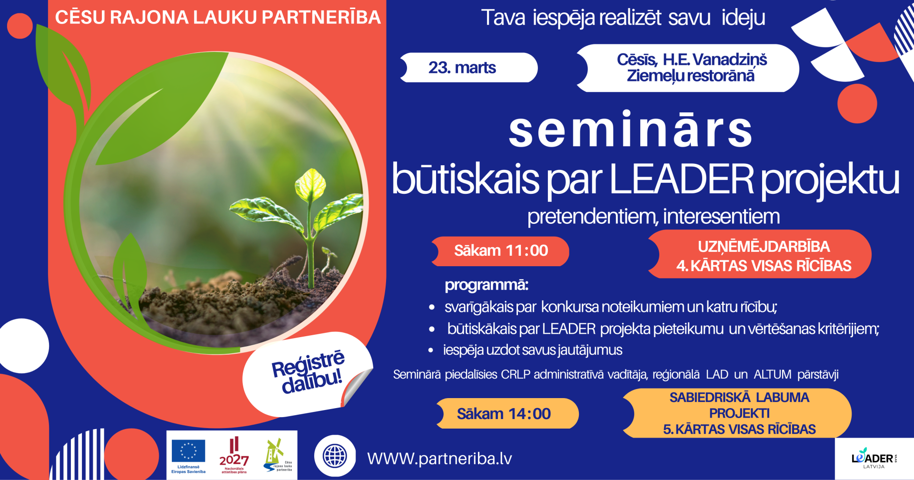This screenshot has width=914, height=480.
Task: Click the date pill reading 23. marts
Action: coord(469,68)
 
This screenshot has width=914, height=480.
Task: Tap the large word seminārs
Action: coord(630,130)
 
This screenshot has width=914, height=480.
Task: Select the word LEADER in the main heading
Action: coord(681,180)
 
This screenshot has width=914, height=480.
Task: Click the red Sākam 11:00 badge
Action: coord(501,251)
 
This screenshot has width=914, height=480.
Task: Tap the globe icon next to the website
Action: coord(335,456)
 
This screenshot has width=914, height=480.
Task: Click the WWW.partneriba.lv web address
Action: coord(439,459)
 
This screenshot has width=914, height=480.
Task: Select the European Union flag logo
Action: coord(189,451)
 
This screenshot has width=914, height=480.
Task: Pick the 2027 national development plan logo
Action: coord(234,456)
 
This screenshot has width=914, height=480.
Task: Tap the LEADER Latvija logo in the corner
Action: coord(874,459)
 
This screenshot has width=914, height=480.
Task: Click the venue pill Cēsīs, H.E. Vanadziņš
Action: coord(690,68)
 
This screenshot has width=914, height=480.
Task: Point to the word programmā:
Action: coord(486,285)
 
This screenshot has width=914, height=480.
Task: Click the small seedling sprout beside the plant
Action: coord(328,257)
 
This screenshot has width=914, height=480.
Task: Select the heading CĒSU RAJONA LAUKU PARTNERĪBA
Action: coord(218,18)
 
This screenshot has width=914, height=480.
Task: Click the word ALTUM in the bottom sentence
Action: coord(772,375)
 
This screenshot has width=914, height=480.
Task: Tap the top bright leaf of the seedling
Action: coord(311,184)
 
